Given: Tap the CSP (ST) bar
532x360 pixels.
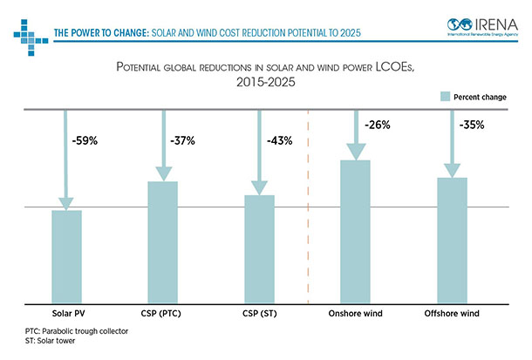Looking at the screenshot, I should [x=259, y=249].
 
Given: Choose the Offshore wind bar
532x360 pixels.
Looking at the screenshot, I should [x=452, y=241].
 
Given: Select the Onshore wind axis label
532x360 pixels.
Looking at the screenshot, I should [x=355, y=313].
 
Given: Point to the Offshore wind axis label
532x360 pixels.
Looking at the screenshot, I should [x=451, y=313].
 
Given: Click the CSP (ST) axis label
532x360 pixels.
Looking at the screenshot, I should [x=259, y=313].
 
